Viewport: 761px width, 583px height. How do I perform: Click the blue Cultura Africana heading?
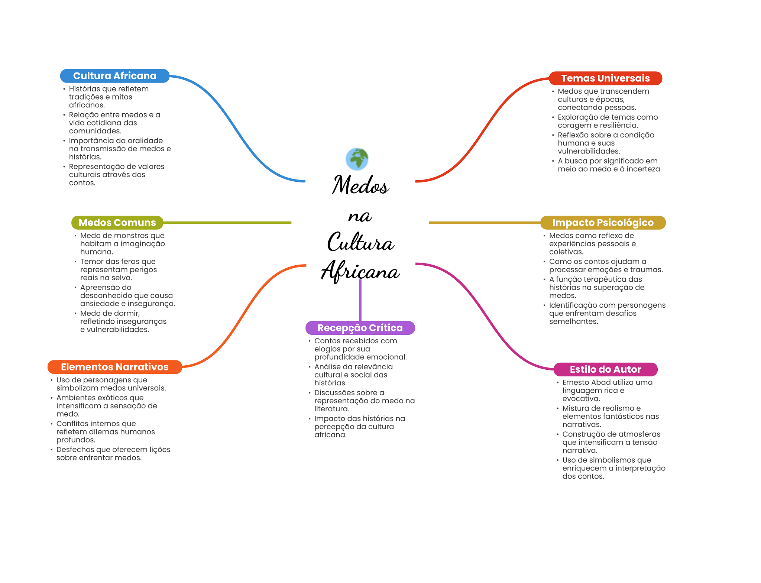[x=114, y=76]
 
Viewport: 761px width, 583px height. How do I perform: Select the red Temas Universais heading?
[x=605, y=78]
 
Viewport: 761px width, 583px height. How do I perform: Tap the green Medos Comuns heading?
[x=117, y=223]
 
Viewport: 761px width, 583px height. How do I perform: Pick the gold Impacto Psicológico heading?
[x=603, y=223]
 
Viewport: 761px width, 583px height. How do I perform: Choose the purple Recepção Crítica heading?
[x=360, y=328]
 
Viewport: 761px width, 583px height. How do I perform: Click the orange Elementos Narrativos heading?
[x=114, y=367]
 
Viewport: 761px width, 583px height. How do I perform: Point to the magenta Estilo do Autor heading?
[x=605, y=369]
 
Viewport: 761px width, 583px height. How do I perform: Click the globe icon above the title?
[x=357, y=159]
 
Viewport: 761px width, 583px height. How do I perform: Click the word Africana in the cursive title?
[x=360, y=271]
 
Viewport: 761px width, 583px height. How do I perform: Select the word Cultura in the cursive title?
[x=360, y=242]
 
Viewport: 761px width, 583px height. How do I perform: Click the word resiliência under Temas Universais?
[x=619, y=125]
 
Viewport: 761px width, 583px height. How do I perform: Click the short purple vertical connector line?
[x=360, y=300]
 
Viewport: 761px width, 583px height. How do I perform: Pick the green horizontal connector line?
[x=227, y=223]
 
